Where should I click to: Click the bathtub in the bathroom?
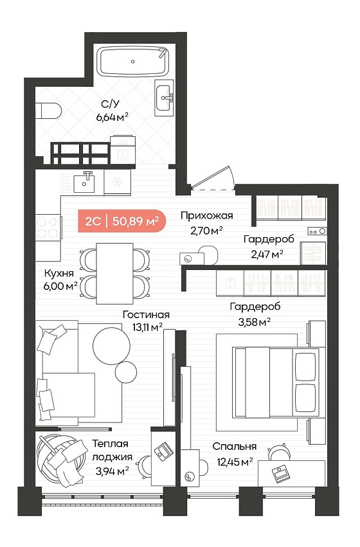(133, 62)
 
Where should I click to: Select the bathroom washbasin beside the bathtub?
(164, 96)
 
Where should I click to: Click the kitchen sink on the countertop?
(84, 182)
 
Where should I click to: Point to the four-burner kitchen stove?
(47, 227)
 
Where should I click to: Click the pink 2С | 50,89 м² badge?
(122, 221)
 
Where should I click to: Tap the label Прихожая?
(207, 215)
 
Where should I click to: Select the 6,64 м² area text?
(113, 117)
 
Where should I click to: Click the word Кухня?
(59, 273)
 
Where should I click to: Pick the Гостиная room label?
(146, 315)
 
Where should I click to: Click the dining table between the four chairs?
(115, 274)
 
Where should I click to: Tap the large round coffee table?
(112, 346)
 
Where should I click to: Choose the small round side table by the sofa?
(125, 372)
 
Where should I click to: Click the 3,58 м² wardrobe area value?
(255, 322)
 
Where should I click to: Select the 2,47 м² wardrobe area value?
(267, 255)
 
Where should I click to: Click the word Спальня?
(235, 447)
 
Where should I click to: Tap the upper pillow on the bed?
(305, 366)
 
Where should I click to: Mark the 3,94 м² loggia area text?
(113, 472)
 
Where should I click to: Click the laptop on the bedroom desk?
(280, 474)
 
